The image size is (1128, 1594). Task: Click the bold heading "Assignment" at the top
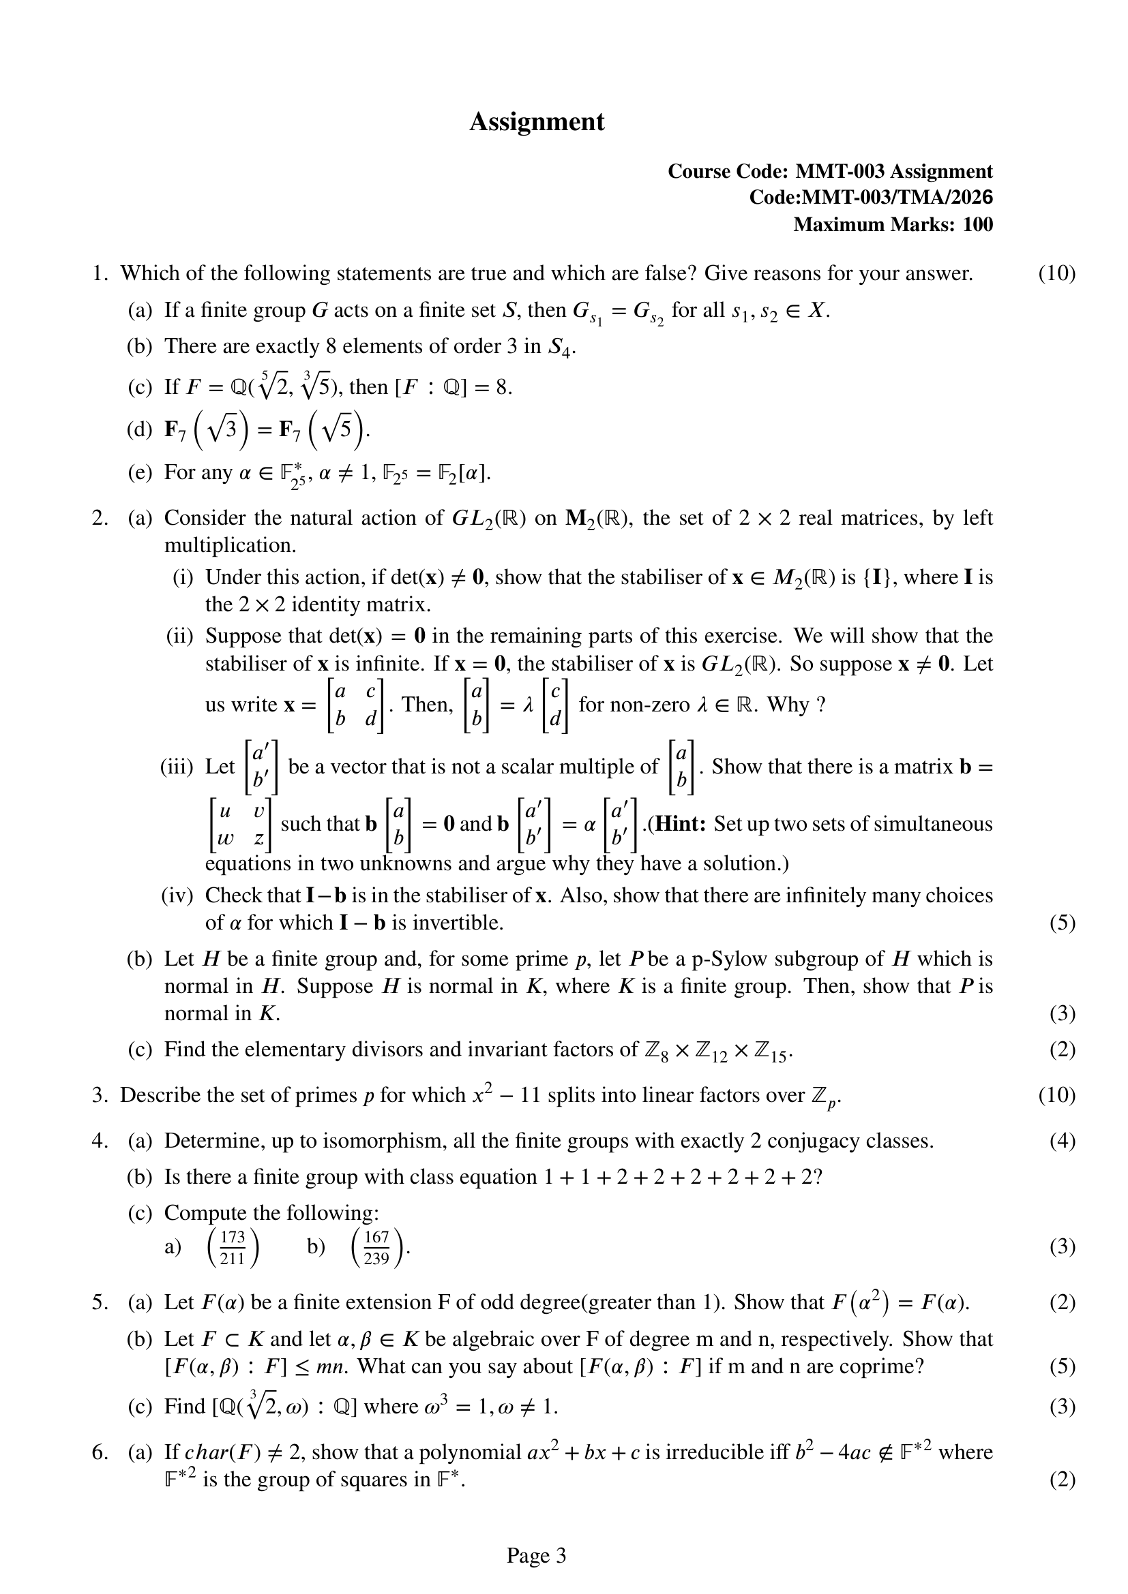coord(536,122)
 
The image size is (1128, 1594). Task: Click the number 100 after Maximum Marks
coord(977,225)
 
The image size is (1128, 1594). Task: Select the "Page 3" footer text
coord(536,1556)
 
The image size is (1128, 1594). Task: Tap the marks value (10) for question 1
coord(1056,273)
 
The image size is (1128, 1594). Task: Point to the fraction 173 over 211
coord(233,1248)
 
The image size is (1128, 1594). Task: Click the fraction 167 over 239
coord(376,1248)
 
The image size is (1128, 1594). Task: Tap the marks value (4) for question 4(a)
coord(1062,1141)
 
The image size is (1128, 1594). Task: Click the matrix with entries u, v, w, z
coord(240,825)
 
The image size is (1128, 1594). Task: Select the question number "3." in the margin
coord(100,1095)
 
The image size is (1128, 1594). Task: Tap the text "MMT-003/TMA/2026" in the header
coord(897,198)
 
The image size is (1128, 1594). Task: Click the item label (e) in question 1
coord(140,473)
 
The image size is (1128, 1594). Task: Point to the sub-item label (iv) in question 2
coord(177,895)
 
